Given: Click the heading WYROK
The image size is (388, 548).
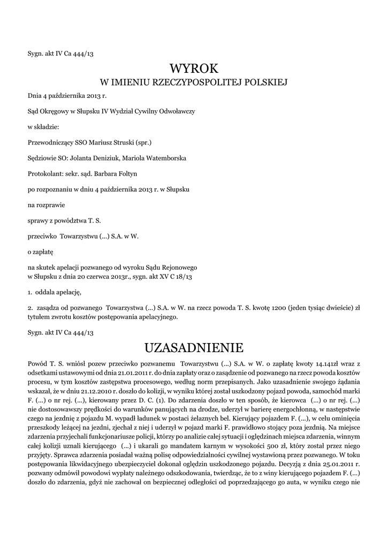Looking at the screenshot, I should click(x=194, y=68).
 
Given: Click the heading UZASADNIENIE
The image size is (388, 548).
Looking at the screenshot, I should click(x=194, y=348).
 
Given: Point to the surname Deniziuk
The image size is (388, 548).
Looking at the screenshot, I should click(x=97, y=158).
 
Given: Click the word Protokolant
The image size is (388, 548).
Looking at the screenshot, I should click(x=44, y=174).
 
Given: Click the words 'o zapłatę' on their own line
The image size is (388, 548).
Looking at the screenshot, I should click(x=41, y=251).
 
